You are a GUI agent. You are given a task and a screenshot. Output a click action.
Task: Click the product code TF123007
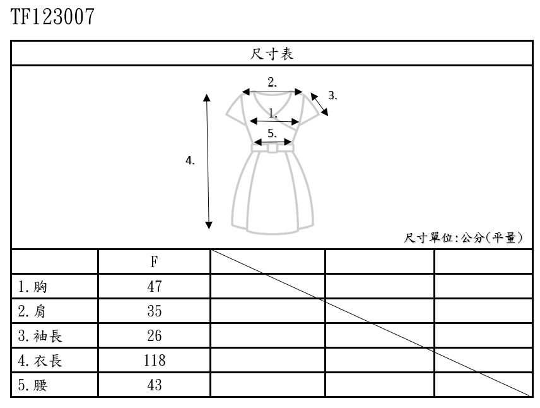[x=52, y=17]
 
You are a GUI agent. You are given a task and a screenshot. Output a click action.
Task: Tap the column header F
[x=154, y=261]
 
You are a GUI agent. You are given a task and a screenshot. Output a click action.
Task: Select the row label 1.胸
[x=33, y=287]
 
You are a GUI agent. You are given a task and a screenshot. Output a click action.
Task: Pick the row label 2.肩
[x=33, y=311]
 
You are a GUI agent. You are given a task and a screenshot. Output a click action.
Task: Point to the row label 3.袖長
[x=40, y=336]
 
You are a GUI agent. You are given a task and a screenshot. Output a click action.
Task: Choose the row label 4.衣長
[x=40, y=361]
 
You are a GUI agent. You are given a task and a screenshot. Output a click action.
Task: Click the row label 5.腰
[x=33, y=385]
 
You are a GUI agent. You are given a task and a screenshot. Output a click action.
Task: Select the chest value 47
[x=155, y=287]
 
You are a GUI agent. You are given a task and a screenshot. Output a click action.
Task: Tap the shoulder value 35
[x=155, y=311]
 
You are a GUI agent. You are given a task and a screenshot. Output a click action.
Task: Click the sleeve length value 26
[x=155, y=336]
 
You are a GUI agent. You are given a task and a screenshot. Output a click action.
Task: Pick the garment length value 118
[x=155, y=361]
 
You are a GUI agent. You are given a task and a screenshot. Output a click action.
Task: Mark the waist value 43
[x=155, y=385]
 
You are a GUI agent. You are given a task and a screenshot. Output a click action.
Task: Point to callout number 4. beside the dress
[x=190, y=161]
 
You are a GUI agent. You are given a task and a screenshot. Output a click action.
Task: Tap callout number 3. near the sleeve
[x=333, y=96]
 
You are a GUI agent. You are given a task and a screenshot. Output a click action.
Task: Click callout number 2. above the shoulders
[x=273, y=81]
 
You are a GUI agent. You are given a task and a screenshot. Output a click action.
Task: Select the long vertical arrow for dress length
[x=208, y=161]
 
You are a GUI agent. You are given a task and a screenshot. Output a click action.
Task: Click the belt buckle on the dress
[x=273, y=148]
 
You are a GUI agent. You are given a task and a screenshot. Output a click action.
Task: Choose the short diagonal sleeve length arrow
[x=320, y=105]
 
